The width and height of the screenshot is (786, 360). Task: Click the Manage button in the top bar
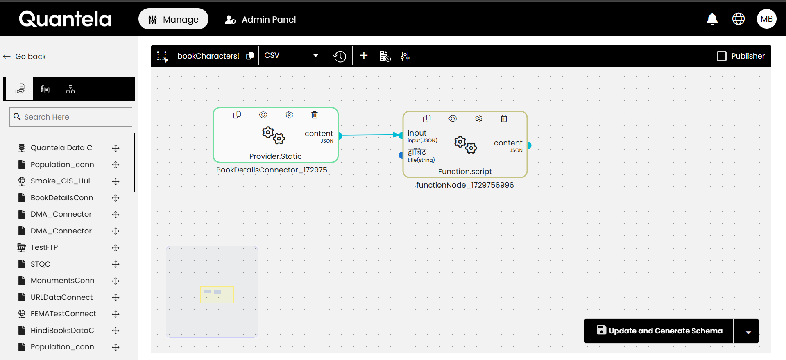(x=173, y=19)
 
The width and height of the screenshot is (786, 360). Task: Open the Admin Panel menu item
(x=260, y=19)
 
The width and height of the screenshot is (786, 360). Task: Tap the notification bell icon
(x=712, y=19)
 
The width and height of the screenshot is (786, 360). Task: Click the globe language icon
(x=738, y=19)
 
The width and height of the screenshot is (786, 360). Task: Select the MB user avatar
(x=766, y=19)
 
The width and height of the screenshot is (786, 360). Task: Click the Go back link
(x=25, y=57)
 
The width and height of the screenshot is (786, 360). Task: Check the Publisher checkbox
(x=722, y=56)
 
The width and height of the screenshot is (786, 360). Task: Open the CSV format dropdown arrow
(x=315, y=56)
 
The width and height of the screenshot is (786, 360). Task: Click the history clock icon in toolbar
(x=340, y=56)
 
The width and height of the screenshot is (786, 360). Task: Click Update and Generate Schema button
(x=659, y=331)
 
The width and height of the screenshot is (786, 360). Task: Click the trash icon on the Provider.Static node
(x=315, y=115)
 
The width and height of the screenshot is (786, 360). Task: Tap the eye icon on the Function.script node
(x=453, y=118)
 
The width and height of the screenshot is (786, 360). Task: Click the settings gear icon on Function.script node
(x=479, y=118)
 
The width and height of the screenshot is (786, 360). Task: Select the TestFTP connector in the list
(x=44, y=247)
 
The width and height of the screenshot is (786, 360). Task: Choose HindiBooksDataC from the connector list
(x=62, y=331)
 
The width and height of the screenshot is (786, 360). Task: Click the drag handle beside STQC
(x=116, y=264)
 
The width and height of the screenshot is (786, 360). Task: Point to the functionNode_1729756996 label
(x=465, y=185)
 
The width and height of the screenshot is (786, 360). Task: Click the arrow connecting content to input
(x=369, y=135)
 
